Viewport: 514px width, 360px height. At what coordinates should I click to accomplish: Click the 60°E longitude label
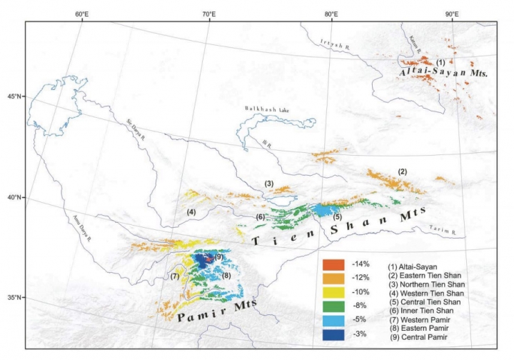point(81,14)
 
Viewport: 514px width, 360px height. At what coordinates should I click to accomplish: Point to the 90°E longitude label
point(451,14)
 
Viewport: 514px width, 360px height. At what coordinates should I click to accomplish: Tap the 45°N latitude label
point(15,96)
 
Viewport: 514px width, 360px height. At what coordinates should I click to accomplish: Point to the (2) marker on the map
point(402,172)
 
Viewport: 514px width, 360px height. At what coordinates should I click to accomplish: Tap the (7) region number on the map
point(173,276)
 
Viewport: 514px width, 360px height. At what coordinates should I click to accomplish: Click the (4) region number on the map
point(191,212)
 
